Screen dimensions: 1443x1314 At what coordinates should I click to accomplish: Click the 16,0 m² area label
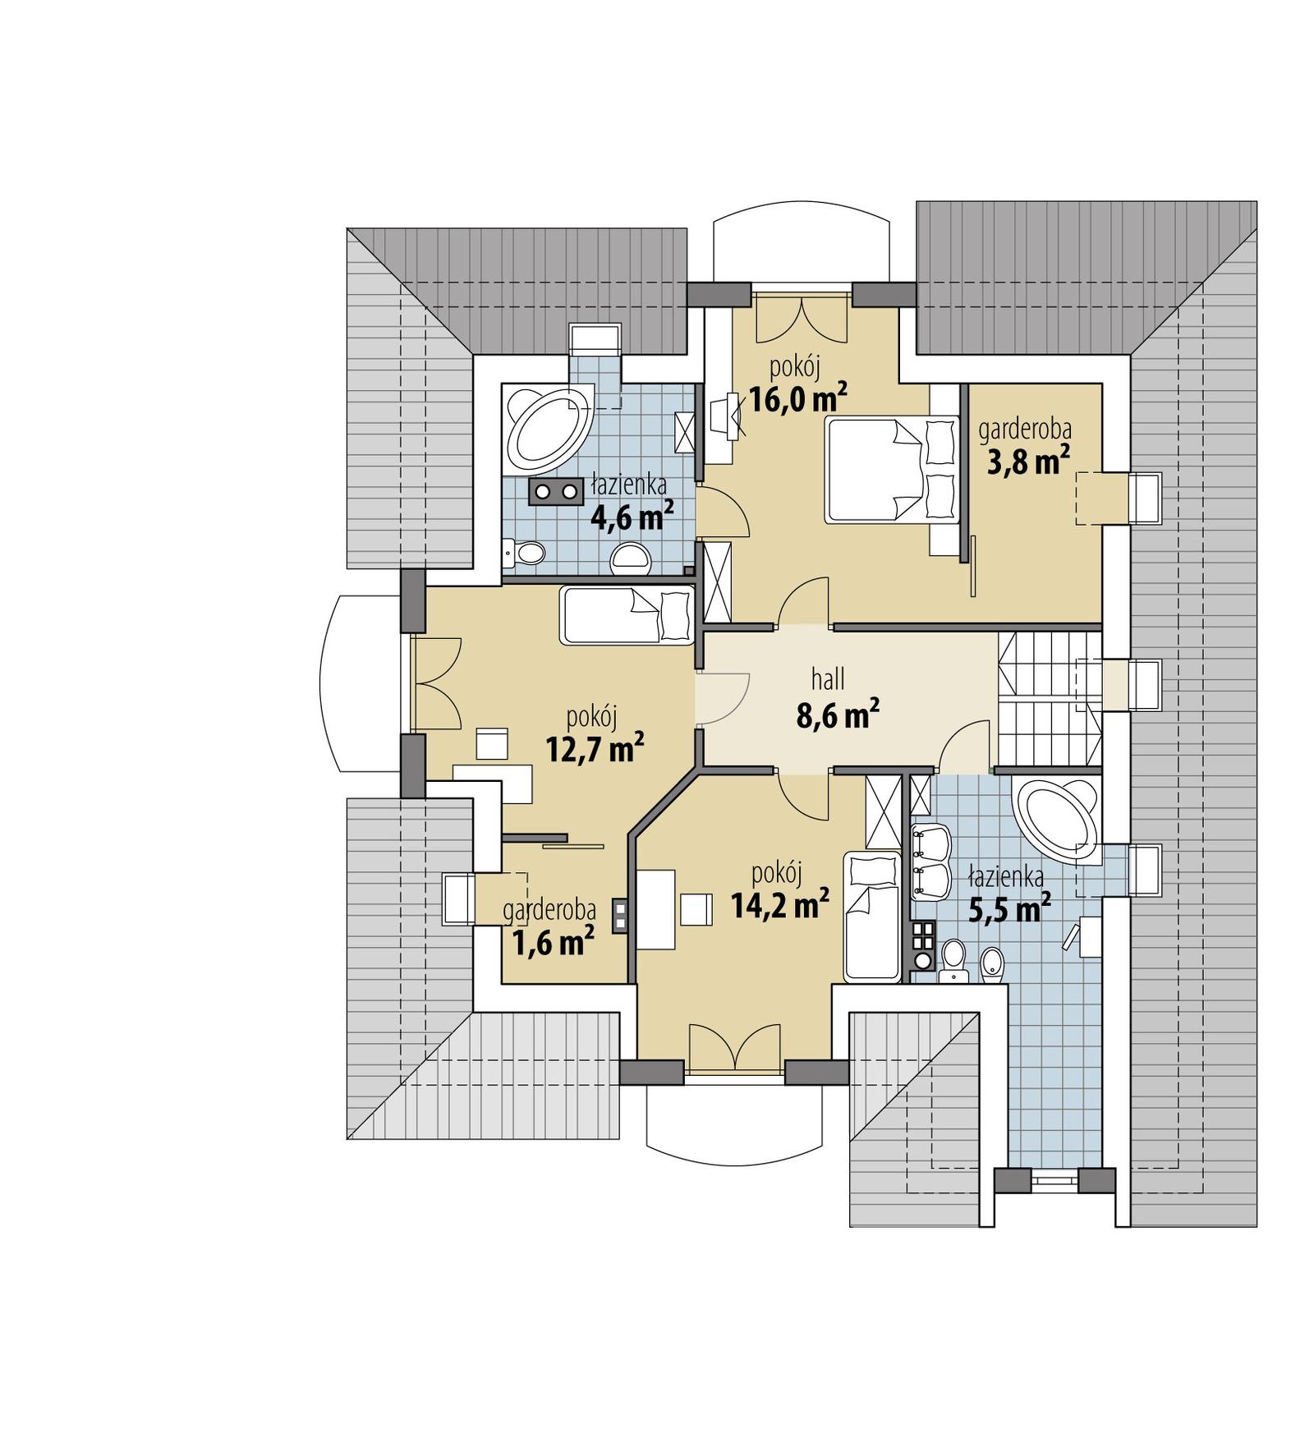click(797, 400)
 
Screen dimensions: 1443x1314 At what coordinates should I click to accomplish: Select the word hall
click(828, 679)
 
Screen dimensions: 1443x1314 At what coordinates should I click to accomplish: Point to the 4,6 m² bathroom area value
click(632, 517)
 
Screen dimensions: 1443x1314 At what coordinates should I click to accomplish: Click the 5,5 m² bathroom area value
click(1009, 909)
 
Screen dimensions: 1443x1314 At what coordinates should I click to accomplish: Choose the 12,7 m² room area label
click(594, 748)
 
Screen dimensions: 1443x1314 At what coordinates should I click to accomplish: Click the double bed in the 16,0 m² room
click(892, 470)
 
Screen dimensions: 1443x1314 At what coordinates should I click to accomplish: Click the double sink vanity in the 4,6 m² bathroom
click(555, 491)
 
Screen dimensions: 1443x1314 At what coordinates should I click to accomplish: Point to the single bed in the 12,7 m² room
click(626, 615)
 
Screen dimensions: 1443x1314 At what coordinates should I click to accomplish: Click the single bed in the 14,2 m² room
click(872, 917)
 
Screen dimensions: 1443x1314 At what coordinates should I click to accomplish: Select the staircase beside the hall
click(1048, 700)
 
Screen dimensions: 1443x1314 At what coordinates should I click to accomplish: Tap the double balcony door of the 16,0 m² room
click(801, 320)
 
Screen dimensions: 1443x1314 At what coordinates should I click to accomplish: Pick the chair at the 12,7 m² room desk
click(493, 743)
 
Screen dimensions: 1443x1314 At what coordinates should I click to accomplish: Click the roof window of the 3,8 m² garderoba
click(1146, 498)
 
